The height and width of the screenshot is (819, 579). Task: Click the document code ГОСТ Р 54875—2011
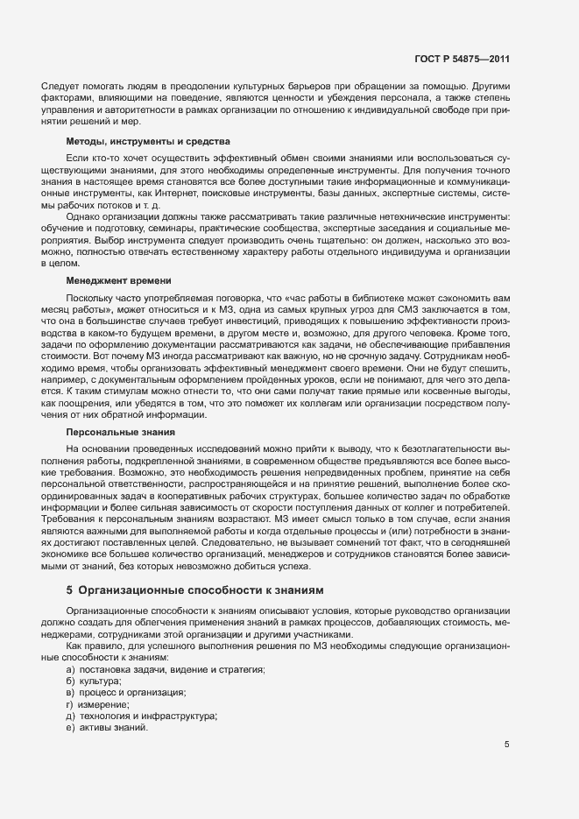coord(462,59)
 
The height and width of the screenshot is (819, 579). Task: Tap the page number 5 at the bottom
coord(506,745)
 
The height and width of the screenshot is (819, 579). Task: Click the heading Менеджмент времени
coord(118,280)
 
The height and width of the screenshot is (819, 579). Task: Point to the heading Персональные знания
coord(120,432)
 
